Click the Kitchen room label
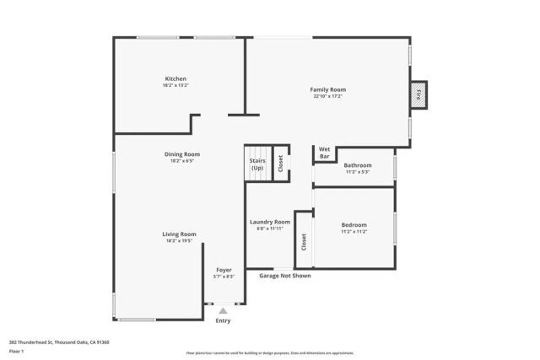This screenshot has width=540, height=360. pyautogui.click(x=175, y=79)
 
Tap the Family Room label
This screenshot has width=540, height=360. pyautogui.click(x=327, y=89)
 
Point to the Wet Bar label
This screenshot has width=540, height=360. pyautogui.click(x=324, y=153)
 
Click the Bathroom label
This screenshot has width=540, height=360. pyautogui.click(x=357, y=165)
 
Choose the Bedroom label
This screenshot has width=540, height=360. pyautogui.click(x=354, y=224)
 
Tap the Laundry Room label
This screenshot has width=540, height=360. pyautogui.click(x=269, y=222)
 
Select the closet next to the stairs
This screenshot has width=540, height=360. pyautogui.click(x=281, y=162)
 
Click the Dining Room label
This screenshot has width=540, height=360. pyautogui.click(x=181, y=154)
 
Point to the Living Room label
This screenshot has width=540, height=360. pyautogui.click(x=180, y=234)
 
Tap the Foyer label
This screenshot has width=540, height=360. pyautogui.click(x=224, y=270)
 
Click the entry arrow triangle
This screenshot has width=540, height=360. pyautogui.click(x=223, y=311)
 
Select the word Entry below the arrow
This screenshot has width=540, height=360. pyautogui.click(x=223, y=320)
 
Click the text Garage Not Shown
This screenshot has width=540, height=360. pyautogui.click(x=284, y=276)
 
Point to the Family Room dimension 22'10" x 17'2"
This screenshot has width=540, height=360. pyautogui.click(x=327, y=96)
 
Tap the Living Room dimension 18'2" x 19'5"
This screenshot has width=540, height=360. pyautogui.click(x=180, y=241)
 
